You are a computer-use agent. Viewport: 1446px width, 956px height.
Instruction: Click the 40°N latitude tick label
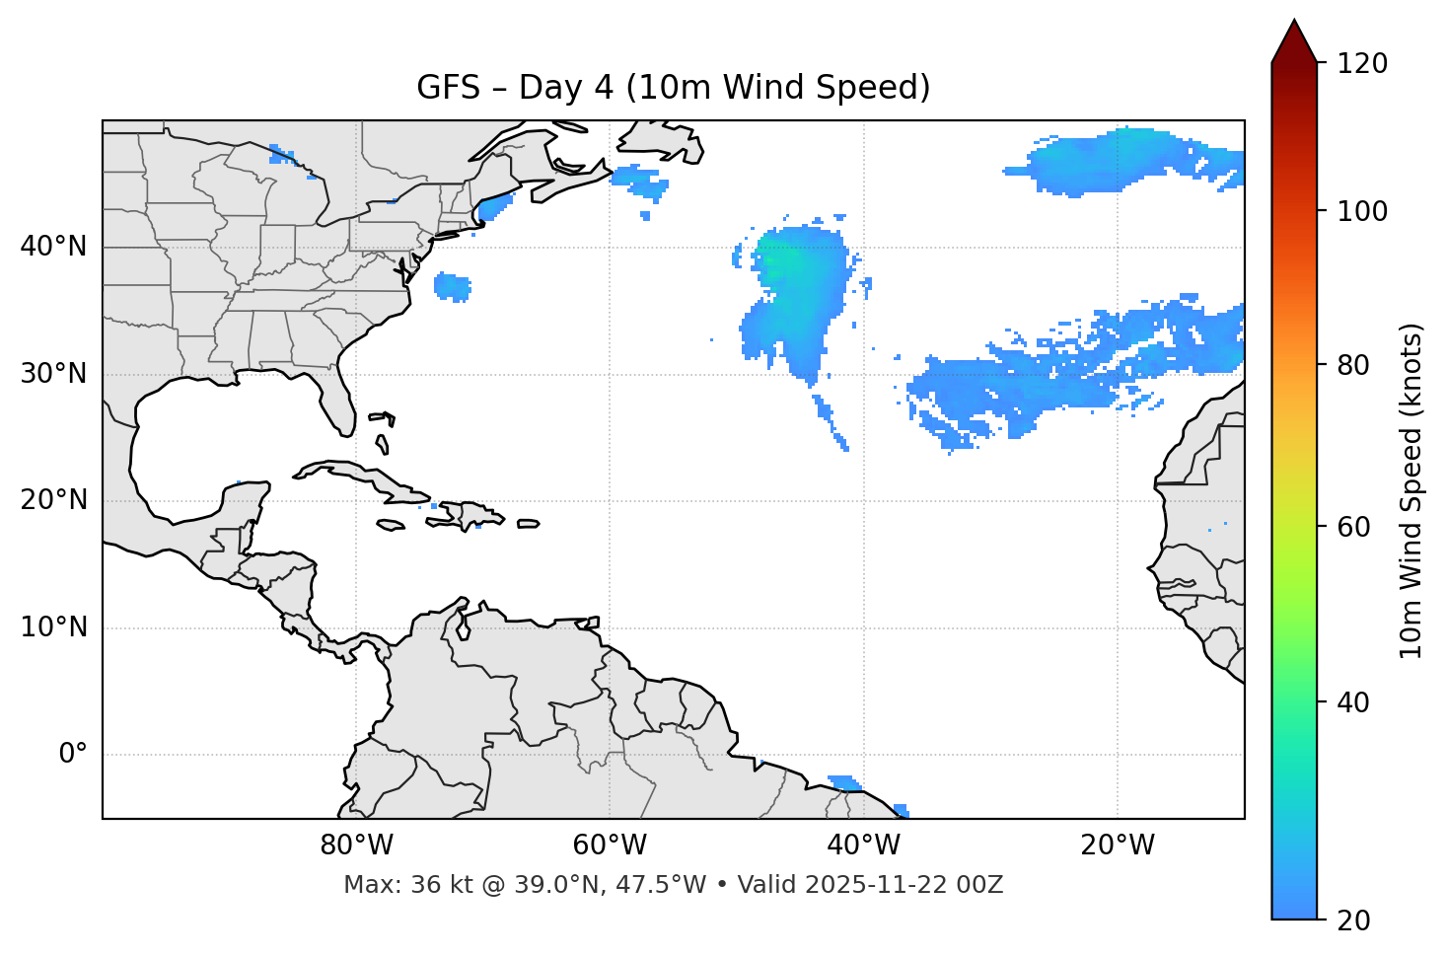pos(53,247)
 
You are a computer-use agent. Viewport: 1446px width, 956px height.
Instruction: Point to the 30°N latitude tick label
pos(53,374)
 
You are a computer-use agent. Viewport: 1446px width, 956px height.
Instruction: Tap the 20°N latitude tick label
pos(53,500)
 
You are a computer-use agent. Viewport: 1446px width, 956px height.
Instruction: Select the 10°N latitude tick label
pos(53,627)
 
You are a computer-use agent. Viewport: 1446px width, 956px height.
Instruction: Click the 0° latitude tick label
pos(73,755)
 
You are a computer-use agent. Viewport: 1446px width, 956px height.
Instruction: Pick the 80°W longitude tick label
pos(356,846)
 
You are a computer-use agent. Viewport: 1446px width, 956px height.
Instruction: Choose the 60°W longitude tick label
pos(610,846)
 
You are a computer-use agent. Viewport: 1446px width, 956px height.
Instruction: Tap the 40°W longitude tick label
pos(863,846)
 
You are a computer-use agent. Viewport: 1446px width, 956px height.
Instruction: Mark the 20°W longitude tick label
pos(1118,846)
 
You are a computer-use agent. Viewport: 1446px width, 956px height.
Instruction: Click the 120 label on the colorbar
pos(1361,64)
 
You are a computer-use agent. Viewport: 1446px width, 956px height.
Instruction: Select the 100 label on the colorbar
pos(1361,211)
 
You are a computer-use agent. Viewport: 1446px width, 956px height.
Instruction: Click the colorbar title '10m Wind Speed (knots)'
pos(1411,491)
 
